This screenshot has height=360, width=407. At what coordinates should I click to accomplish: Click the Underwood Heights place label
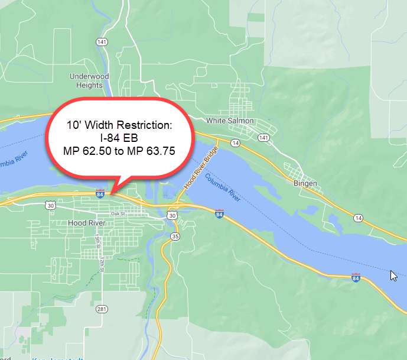pos(89,80)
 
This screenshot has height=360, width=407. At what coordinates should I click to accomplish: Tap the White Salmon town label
pos(230,121)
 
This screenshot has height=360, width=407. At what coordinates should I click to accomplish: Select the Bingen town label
pos(305,183)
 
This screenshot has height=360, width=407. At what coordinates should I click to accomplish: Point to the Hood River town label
pos(86,223)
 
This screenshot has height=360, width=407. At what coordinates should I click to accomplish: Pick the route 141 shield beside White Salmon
pos(263,137)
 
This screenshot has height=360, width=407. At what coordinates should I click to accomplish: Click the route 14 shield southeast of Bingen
pos(358,218)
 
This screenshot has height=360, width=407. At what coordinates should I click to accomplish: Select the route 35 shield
pos(175,236)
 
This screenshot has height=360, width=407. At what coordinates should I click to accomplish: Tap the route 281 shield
pos(102,309)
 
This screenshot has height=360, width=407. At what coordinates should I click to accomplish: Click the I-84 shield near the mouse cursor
pos(356,277)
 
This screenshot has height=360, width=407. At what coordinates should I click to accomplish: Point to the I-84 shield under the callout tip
pos(101,194)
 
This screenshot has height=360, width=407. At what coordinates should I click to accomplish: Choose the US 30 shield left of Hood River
pos(51,205)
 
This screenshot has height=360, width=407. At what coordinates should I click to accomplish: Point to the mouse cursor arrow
pos(393,275)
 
